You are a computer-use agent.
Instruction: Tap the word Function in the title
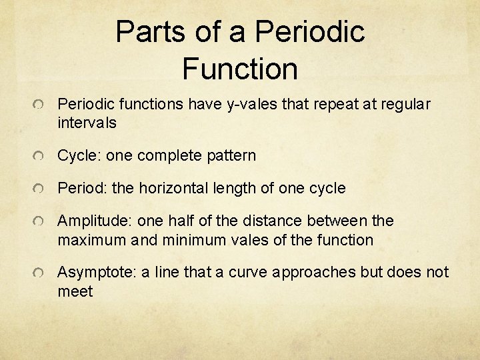pyautogui.click(x=239, y=68)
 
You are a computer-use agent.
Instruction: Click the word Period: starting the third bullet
pyautogui.click(x=83, y=189)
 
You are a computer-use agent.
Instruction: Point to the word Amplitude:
pyautogui.click(x=95, y=221)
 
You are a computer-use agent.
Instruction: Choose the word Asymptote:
pyautogui.click(x=97, y=273)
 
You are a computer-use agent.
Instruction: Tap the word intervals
pyautogui.click(x=87, y=123)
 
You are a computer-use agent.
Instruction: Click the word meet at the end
pyautogui.click(x=75, y=292)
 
